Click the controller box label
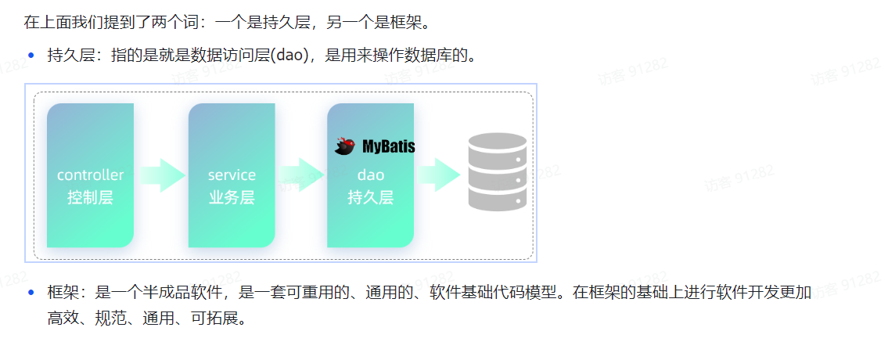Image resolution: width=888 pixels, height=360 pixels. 90,175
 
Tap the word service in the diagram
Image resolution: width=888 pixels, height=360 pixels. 232,175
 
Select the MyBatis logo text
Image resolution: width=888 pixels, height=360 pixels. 388,146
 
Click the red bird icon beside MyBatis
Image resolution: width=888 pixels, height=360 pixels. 346,146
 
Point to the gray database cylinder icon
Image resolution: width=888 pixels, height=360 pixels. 497,172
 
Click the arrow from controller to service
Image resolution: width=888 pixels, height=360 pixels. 161,175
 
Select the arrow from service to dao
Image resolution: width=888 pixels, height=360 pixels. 301,175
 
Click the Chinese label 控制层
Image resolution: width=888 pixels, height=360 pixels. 90,197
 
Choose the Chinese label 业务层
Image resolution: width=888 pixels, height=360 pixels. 232,197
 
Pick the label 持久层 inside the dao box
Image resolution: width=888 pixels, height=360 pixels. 370,197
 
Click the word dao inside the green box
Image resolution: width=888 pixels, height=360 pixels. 370,175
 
